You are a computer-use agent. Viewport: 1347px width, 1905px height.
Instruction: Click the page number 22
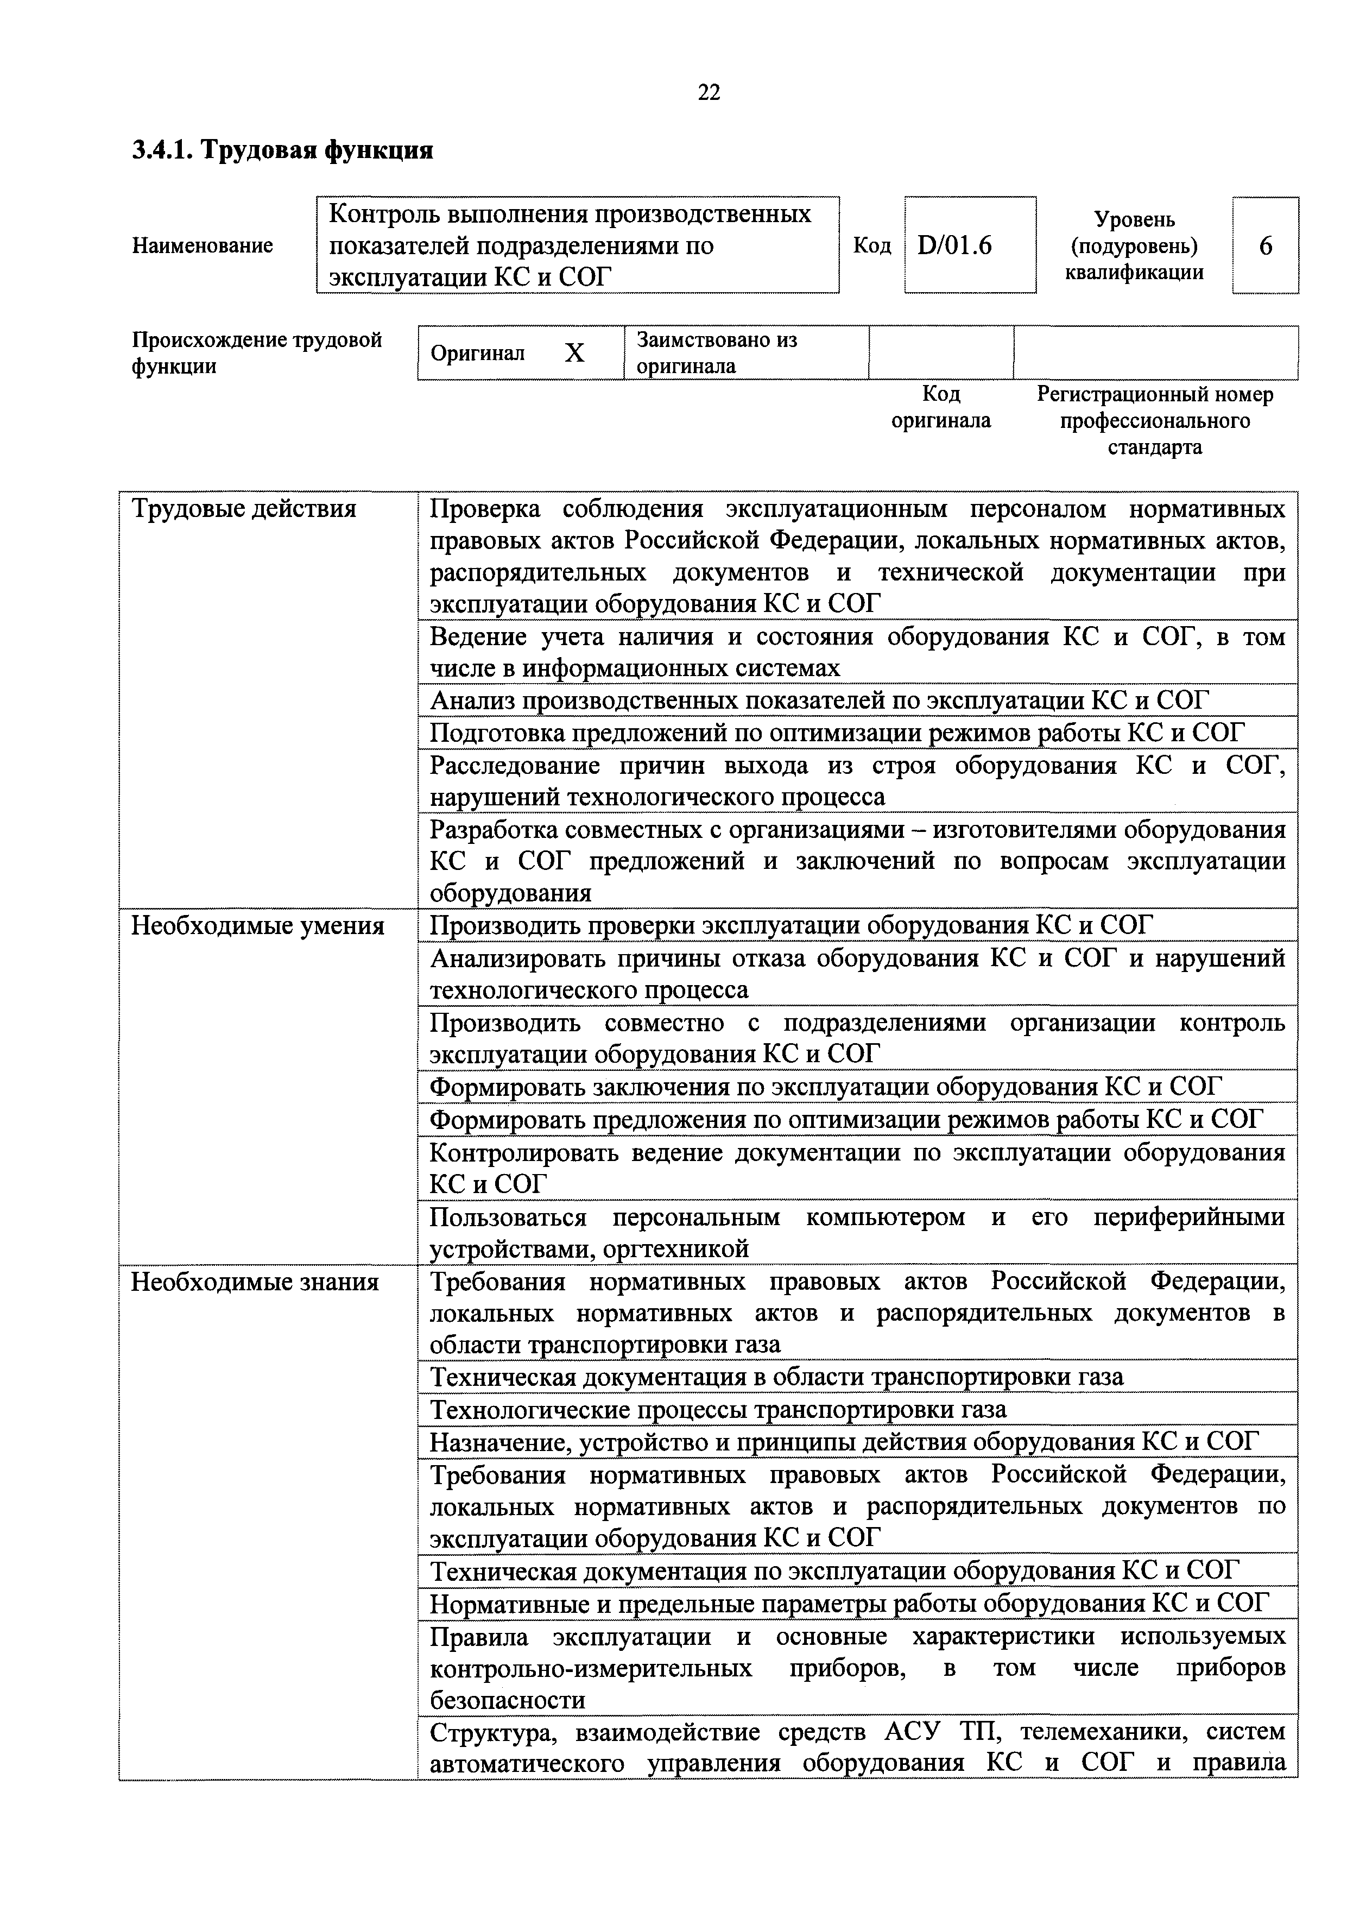tap(709, 92)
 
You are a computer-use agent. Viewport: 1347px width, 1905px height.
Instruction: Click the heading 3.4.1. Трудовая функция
tap(283, 150)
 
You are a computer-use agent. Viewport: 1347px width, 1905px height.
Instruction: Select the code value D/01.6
tap(954, 245)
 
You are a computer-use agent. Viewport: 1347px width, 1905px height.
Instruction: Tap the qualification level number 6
tap(1265, 245)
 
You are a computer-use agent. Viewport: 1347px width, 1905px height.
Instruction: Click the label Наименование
tap(203, 245)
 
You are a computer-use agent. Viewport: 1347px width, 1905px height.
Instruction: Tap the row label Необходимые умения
tap(257, 926)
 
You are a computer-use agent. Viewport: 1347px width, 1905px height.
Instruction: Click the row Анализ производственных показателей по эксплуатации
tap(819, 701)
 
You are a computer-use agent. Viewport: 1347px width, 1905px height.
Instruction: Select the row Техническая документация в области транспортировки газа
tap(776, 1377)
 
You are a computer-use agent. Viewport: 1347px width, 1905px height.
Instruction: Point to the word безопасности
tap(508, 1701)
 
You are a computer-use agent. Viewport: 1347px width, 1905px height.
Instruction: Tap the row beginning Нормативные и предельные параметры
tap(849, 1604)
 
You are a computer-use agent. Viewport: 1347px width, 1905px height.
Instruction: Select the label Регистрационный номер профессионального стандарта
tap(1155, 421)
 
